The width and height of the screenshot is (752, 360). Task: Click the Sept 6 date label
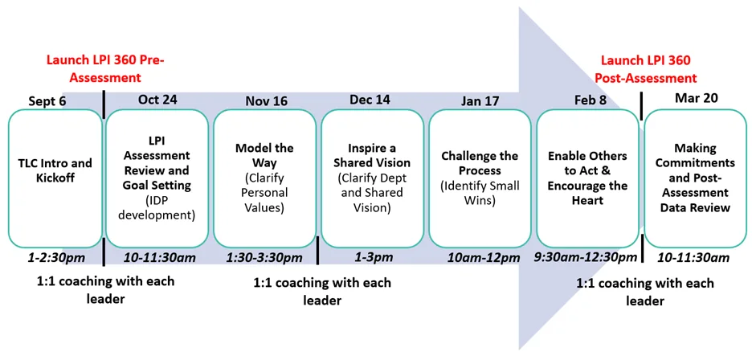(47, 101)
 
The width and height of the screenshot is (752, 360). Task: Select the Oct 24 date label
(157, 100)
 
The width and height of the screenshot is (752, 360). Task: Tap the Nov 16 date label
(266, 101)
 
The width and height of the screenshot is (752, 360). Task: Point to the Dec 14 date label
(370, 100)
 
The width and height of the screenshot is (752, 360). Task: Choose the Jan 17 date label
(480, 101)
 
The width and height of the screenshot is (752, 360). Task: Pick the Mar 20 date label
(693, 98)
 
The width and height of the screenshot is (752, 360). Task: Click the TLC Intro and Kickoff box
(55, 178)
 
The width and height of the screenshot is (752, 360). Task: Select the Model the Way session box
(265, 178)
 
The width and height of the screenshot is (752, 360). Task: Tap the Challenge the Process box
(480, 178)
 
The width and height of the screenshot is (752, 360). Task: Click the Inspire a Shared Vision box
(373, 178)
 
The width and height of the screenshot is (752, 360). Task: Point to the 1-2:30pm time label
(55, 258)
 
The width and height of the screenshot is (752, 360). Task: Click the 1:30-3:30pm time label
(265, 258)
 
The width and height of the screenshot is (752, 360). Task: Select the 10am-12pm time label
(484, 258)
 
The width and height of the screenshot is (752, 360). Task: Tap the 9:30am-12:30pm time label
(586, 258)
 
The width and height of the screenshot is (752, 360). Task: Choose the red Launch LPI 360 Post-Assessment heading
(648, 68)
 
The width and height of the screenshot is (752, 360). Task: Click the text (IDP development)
(157, 208)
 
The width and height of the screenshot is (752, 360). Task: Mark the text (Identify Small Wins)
(480, 191)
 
